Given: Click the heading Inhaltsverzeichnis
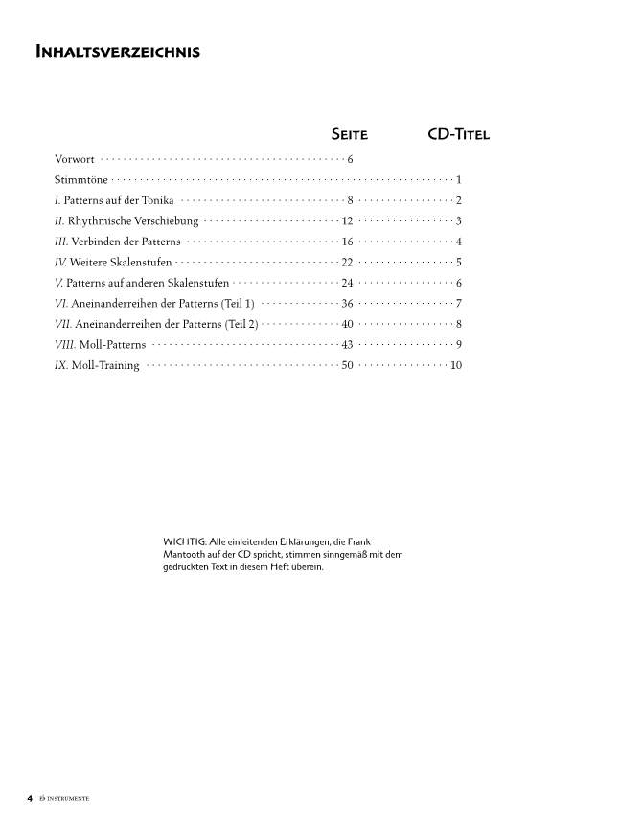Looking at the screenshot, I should [117, 52].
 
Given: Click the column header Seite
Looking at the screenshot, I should [349, 134].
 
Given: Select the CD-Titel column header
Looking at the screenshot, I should [458, 134].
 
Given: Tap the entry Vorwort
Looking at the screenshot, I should [75, 159].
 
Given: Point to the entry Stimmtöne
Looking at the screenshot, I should [80, 180].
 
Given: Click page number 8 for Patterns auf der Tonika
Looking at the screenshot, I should [351, 200].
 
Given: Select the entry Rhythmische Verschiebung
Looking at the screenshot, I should [133, 221].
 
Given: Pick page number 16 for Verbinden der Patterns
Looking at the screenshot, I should [348, 242].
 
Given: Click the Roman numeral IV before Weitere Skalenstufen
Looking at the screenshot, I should [61, 263].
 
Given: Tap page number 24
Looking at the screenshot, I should [348, 283].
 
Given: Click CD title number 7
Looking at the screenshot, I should [459, 303].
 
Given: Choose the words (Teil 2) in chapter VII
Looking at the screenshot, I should [241, 324].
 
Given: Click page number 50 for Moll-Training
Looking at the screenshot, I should [348, 365].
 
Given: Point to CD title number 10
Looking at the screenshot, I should [456, 365].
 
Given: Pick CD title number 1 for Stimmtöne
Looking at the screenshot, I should [459, 180].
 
